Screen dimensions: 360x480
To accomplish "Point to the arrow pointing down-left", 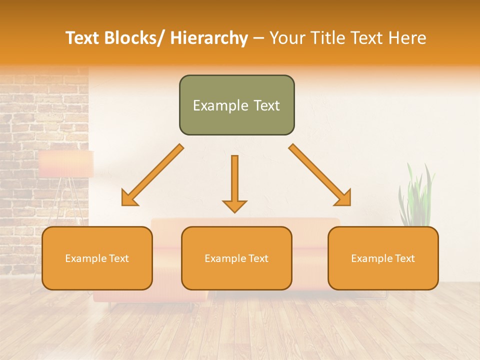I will (x=152, y=175).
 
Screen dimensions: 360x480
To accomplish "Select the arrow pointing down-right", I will (x=320, y=175).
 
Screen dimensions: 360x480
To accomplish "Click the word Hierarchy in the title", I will (x=209, y=38).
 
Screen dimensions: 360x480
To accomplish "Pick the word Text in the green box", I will (x=266, y=105).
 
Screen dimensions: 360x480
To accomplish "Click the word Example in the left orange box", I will (x=86, y=258).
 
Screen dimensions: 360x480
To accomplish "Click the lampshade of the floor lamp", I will (x=66, y=164).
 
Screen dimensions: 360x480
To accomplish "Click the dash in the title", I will (x=258, y=38).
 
